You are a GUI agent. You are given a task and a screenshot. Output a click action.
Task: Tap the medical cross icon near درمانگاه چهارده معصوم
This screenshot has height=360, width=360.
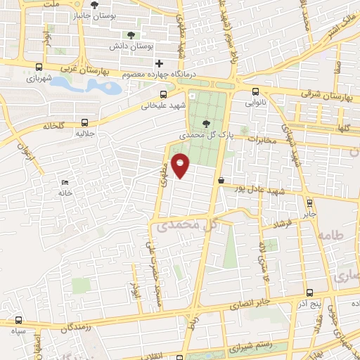pyautogui.click(x=160, y=64)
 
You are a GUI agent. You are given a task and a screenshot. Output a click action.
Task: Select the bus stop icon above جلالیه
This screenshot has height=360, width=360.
pyautogui.click(x=85, y=121)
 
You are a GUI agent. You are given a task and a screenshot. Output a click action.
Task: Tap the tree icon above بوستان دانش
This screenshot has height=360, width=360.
pyautogui.click(x=130, y=35)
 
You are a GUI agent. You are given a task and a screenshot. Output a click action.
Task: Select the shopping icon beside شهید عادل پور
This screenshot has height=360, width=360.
pyautogui.click(x=221, y=181)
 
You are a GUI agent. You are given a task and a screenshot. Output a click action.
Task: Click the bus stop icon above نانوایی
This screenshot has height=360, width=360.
pyautogui.click(x=255, y=90)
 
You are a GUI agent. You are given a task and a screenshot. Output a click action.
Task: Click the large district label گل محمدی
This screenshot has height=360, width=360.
pyautogui.click(x=186, y=226)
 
